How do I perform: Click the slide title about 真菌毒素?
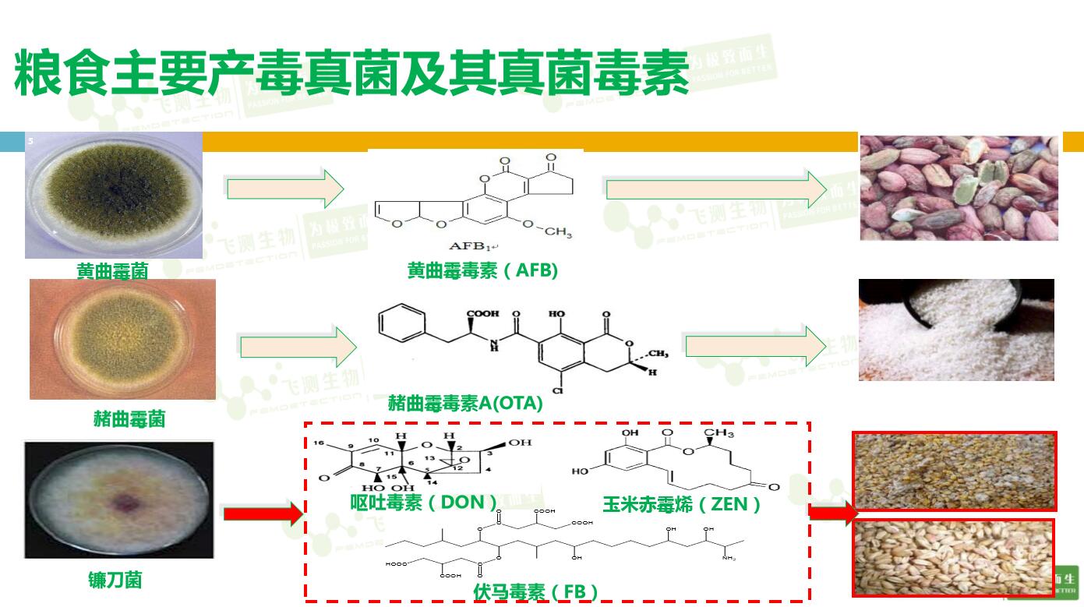pos(351,74)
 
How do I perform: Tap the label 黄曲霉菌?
pos(112,270)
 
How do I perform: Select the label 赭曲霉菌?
pos(129,418)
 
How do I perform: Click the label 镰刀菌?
pos(115,580)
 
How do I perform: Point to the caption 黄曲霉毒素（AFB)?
pos(482,270)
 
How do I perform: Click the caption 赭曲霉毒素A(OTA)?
pos(465,404)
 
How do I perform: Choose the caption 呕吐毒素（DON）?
pos(424,503)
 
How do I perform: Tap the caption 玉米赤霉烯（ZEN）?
pos(682,504)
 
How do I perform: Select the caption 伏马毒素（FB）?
pos(536,591)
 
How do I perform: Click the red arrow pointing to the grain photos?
pos(833,513)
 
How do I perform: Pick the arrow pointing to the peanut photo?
pos(716,189)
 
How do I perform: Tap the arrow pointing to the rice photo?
pos(755,346)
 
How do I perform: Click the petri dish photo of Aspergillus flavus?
pos(114,194)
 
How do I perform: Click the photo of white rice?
pos(956,330)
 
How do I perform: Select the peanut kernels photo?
pos(959,187)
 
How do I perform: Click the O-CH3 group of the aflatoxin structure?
pos(546,229)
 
